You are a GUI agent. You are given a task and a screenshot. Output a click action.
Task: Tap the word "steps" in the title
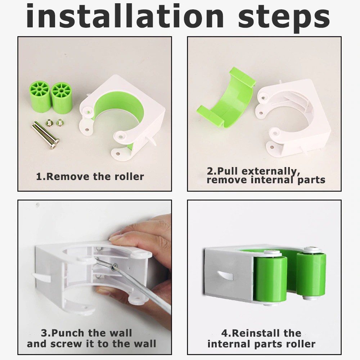284,18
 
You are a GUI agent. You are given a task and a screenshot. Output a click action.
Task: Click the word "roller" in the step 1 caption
129,176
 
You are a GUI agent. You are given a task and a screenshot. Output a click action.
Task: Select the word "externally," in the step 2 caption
271,171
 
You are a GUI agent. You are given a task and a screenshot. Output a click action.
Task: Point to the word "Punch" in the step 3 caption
68,333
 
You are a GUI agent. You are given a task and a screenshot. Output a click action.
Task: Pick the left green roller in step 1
40,96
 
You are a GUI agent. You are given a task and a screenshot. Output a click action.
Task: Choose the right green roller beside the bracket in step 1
62,98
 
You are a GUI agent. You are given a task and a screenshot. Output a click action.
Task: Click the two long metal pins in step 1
45,135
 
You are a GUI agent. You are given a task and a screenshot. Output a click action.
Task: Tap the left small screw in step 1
49,123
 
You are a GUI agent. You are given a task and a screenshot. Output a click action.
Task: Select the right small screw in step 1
59,122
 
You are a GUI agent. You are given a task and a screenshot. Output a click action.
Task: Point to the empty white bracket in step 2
293,117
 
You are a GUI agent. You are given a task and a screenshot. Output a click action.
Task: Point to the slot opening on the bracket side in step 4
225,275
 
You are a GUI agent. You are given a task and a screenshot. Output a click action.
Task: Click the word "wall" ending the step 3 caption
145,344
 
